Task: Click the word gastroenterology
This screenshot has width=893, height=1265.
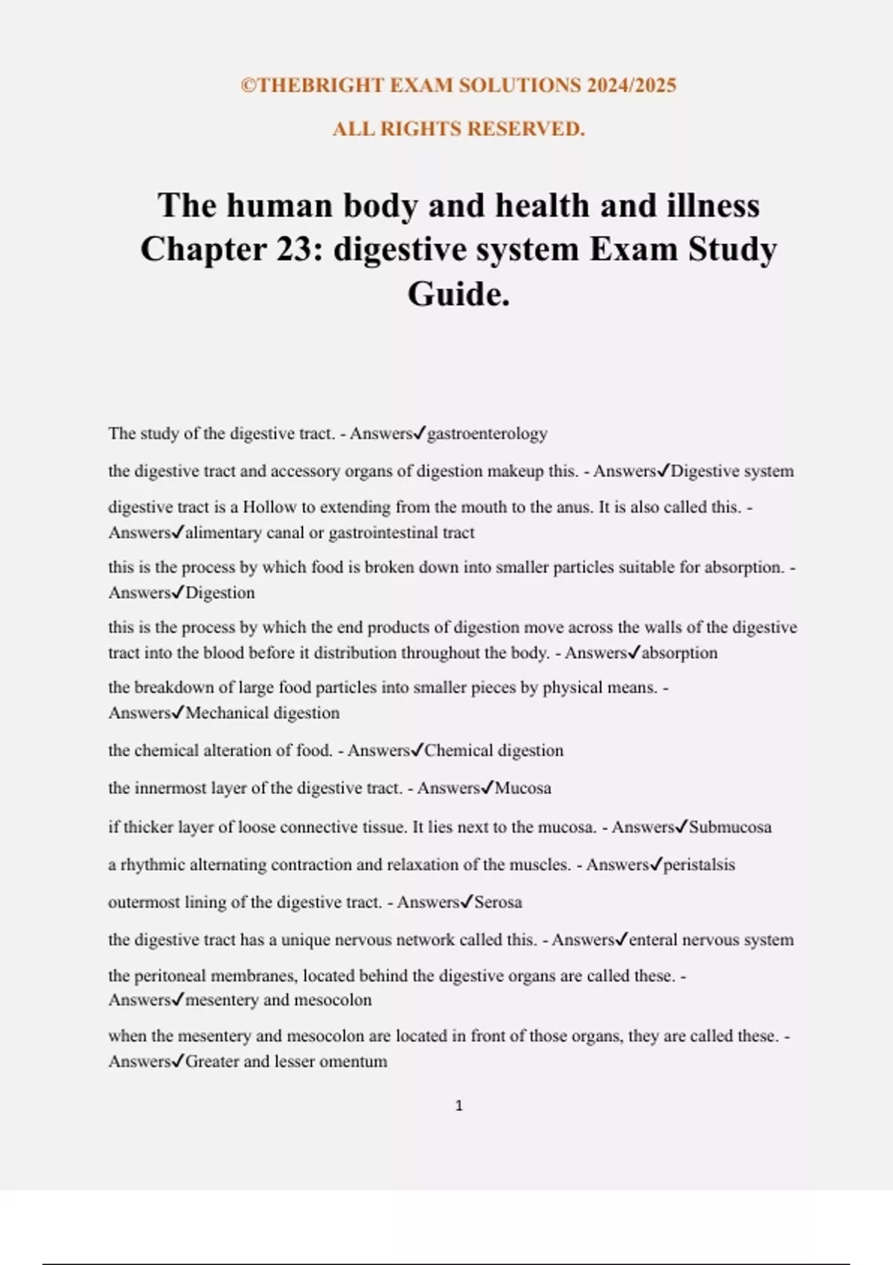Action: tap(487, 434)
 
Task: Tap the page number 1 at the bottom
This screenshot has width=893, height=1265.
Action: tap(458, 1106)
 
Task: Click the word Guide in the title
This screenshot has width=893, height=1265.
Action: tap(456, 294)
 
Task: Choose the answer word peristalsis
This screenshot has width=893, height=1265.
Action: tap(699, 865)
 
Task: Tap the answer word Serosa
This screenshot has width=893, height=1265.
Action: tap(498, 903)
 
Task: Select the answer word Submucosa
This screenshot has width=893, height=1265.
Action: tap(730, 827)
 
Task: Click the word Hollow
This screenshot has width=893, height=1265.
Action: tap(269, 507)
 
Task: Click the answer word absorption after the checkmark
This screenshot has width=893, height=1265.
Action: tap(679, 653)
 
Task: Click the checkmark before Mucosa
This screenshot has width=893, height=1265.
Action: tap(487, 787)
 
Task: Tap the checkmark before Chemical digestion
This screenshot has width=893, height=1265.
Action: tap(417, 750)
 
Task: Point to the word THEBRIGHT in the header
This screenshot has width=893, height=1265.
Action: tap(321, 86)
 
